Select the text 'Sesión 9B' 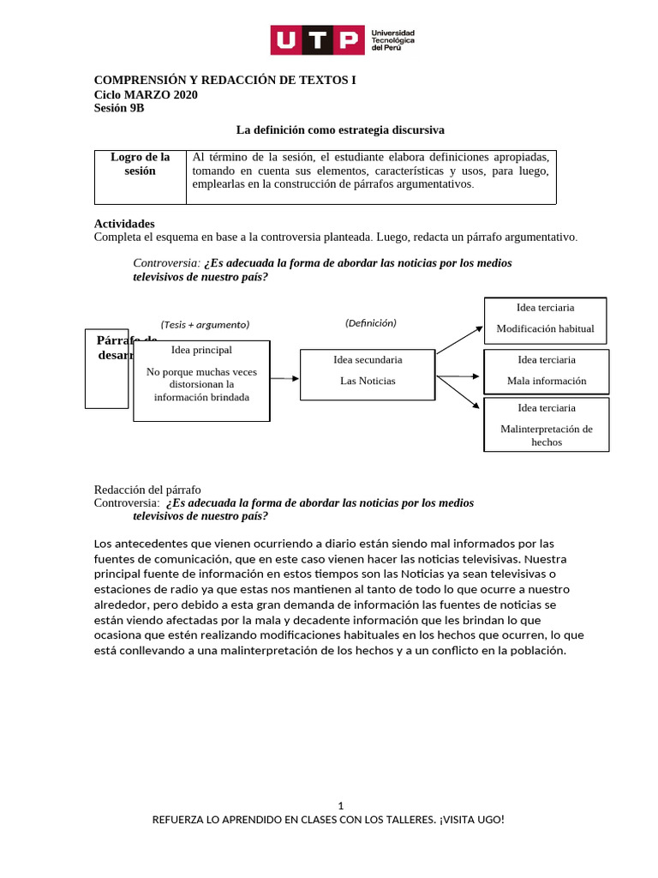pyautogui.click(x=119, y=107)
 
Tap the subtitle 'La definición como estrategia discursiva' pyautogui.click(x=340, y=129)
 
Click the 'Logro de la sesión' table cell pyautogui.click(x=140, y=164)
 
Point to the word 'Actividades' pyautogui.click(x=124, y=223)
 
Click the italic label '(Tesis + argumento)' pyautogui.click(x=205, y=324)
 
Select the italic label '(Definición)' pyautogui.click(x=370, y=323)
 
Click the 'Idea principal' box pyautogui.click(x=201, y=380)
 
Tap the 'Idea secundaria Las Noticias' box pyautogui.click(x=368, y=374)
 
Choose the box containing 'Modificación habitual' pyautogui.click(x=545, y=320)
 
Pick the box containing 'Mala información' pyautogui.click(x=547, y=370)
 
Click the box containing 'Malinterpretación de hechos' pyautogui.click(x=547, y=424)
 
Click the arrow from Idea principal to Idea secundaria pyautogui.click(x=284, y=378)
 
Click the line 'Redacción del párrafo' pyautogui.click(x=147, y=490)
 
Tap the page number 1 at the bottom pyautogui.click(x=341, y=805)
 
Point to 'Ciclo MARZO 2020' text pyautogui.click(x=146, y=94)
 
